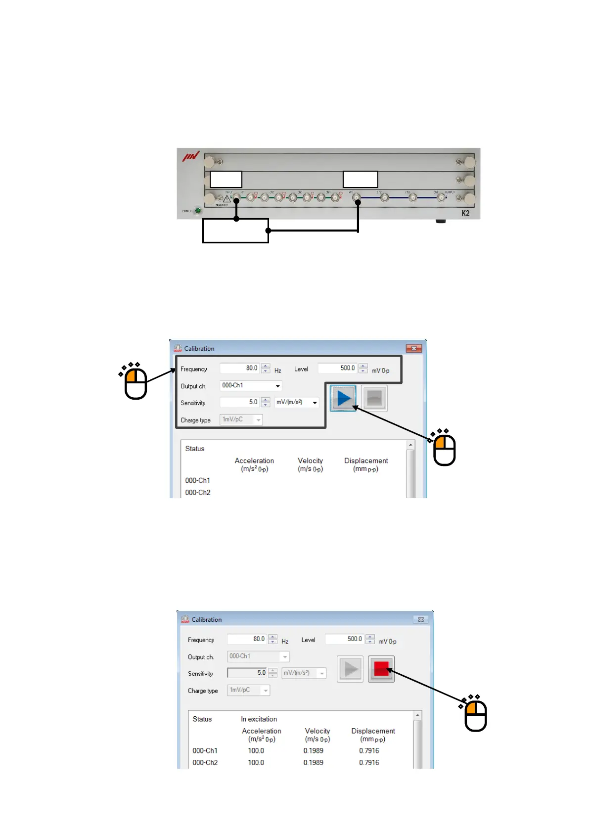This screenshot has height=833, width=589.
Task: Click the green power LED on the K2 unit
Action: pyautogui.click(x=198, y=211)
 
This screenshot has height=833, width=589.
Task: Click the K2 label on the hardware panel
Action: pyautogui.click(x=465, y=213)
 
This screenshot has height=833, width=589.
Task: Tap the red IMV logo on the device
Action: pyautogui.click(x=190, y=157)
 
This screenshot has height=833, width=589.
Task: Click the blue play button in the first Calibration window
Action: pyautogui.click(x=344, y=398)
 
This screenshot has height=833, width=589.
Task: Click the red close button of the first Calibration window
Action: pyautogui.click(x=413, y=349)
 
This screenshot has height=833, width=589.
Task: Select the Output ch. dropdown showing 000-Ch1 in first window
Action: pyautogui.click(x=251, y=385)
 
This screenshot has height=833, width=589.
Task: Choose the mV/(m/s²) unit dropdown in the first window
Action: pyautogui.click(x=297, y=402)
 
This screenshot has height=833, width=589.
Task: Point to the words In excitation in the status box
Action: pyautogui.click(x=259, y=719)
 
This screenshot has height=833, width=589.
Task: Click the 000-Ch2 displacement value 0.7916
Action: pyautogui.click(x=369, y=763)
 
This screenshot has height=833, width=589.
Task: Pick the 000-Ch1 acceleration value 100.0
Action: pyautogui.click(x=256, y=751)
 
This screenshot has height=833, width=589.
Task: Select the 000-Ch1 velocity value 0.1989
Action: pyautogui.click(x=313, y=751)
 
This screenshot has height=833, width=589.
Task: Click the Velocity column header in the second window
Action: pyautogui.click(x=317, y=731)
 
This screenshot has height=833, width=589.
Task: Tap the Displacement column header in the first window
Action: pyautogui.click(x=366, y=461)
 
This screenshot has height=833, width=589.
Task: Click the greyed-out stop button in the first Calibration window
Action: pyautogui.click(x=374, y=398)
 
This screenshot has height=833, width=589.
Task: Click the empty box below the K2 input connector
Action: pyautogui.click(x=235, y=231)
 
